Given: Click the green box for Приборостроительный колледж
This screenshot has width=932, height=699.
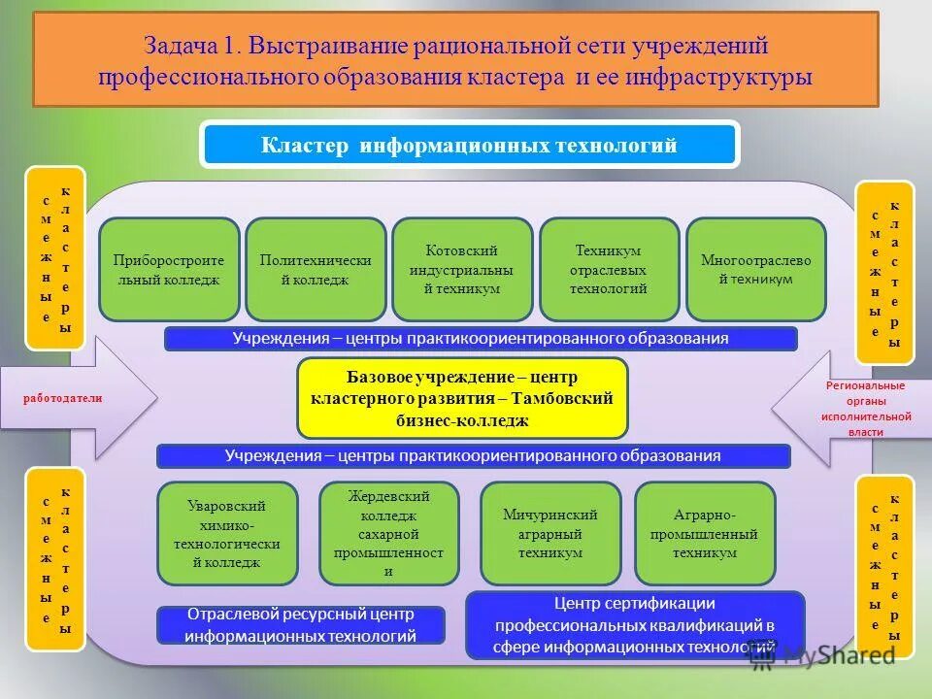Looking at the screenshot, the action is click(x=169, y=270).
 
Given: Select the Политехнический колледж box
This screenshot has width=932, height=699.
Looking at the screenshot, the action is click(x=316, y=270).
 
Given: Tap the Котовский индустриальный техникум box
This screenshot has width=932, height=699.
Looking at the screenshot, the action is click(x=462, y=270).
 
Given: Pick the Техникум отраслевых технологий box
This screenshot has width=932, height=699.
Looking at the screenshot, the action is click(x=609, y=270).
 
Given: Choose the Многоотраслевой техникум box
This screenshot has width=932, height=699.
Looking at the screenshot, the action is click(x=755, y=270).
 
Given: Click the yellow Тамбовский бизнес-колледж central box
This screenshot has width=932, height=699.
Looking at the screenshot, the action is click(x=462, y=398).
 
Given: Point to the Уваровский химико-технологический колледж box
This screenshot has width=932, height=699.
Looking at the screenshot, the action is click(x=227, y=534).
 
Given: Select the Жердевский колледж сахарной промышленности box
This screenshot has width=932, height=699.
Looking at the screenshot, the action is click(x=388, y=534).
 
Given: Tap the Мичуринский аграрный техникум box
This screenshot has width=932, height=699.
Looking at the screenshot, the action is click(x=550, y=534).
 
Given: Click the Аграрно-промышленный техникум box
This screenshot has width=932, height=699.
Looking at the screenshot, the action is click(x=705, y=534).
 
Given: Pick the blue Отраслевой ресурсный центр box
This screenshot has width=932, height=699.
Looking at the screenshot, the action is click(x=301, y=625).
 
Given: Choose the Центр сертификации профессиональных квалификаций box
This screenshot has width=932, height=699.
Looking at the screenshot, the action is click(x=636, y=625).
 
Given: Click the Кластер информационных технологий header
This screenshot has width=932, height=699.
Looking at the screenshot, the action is click(x=470, y=146).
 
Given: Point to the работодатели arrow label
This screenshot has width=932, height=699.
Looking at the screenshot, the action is click(x=63, y=398).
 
